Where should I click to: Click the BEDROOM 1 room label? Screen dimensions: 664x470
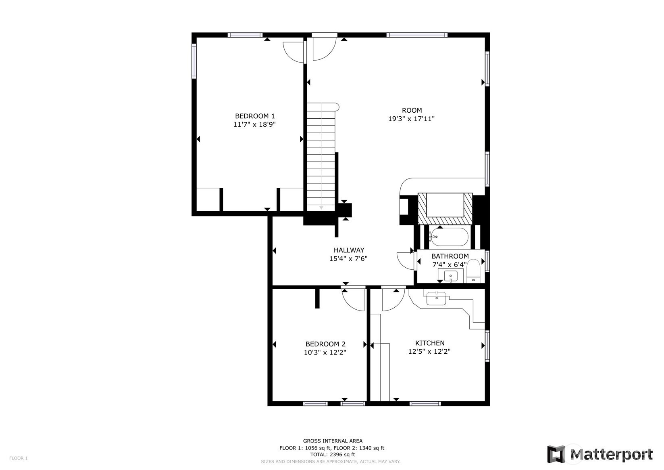pos(255,116)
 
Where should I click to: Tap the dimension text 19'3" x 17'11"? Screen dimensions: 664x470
pos(412,119)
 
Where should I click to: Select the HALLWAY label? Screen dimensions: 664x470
pos(349,250)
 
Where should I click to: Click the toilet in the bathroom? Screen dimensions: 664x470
pos(473,271)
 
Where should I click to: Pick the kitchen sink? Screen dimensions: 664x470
pos(436,298)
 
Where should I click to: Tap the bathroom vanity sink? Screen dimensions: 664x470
pos(451,276)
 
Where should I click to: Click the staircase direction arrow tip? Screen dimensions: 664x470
pos(321,209)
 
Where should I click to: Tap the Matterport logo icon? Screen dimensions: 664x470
pos(556,454)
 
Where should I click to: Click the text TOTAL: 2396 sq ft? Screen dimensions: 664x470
pos(332,454)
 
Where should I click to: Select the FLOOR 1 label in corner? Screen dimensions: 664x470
pos(19,458)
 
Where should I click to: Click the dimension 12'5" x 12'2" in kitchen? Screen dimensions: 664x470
pos(429,352)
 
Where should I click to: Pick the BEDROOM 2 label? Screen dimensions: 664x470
pos(325,344)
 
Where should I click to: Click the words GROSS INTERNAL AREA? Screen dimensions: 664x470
pos(333,441)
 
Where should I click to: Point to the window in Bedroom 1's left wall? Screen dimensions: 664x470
pos(194,61)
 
